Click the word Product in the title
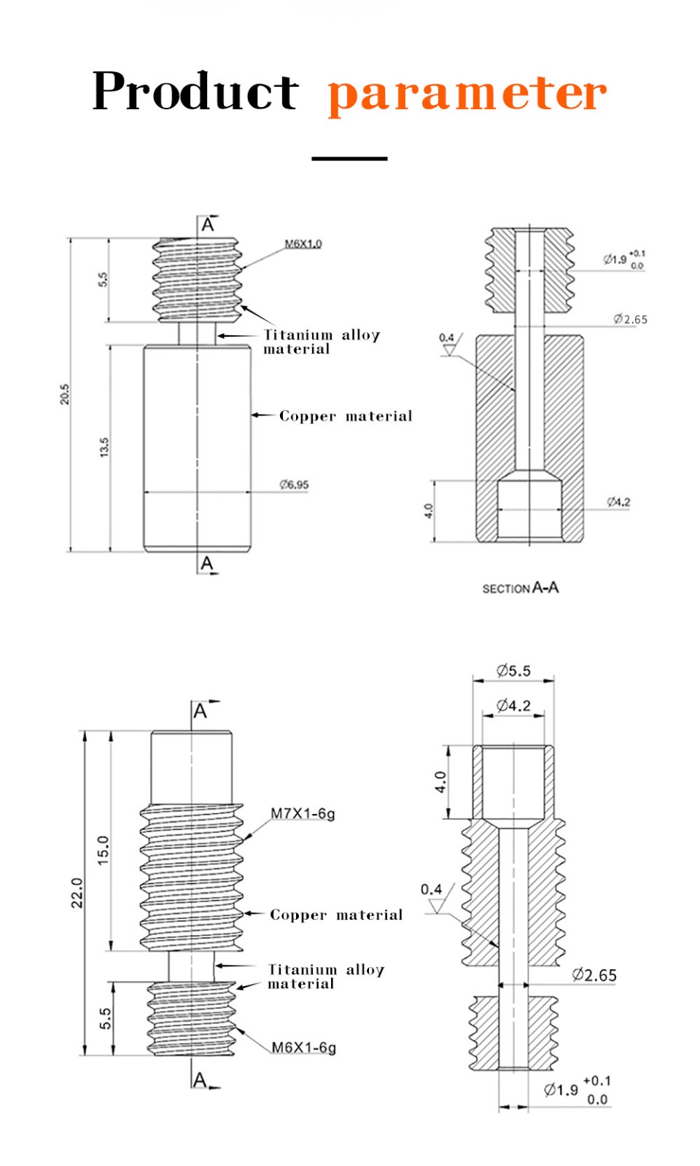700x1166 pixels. (x=195, y=92)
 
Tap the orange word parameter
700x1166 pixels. (x=467, y=95)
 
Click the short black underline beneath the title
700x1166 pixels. (x=349, y=158)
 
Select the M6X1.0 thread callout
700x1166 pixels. (x=303, y=243)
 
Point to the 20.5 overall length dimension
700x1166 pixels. (x=65, y=394)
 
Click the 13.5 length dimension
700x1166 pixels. (x=104, y=447)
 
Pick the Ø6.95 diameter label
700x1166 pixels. (x=294, y=485)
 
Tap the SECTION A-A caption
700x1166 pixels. (x=520, y=588)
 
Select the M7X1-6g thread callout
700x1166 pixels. (x=303, y=813)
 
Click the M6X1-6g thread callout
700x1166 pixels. (x=303, y=1047)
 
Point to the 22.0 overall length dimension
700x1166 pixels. (x=77, y=893)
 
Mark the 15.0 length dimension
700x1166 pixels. (x=103, y=850)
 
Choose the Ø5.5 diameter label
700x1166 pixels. (x=513, y=670)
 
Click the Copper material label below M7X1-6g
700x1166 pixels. (x=336, y=915)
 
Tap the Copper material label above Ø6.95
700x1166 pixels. (x=346, y=416)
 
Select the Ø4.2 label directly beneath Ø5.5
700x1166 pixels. (x=513, y=705)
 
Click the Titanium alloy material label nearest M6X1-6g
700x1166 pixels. (x=325, y=977)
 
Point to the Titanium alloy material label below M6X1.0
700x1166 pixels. (x=321, y=342)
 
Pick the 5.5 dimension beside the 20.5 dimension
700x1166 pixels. (x=103, y=280)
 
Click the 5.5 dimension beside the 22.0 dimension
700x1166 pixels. (x=106, y=1018)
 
